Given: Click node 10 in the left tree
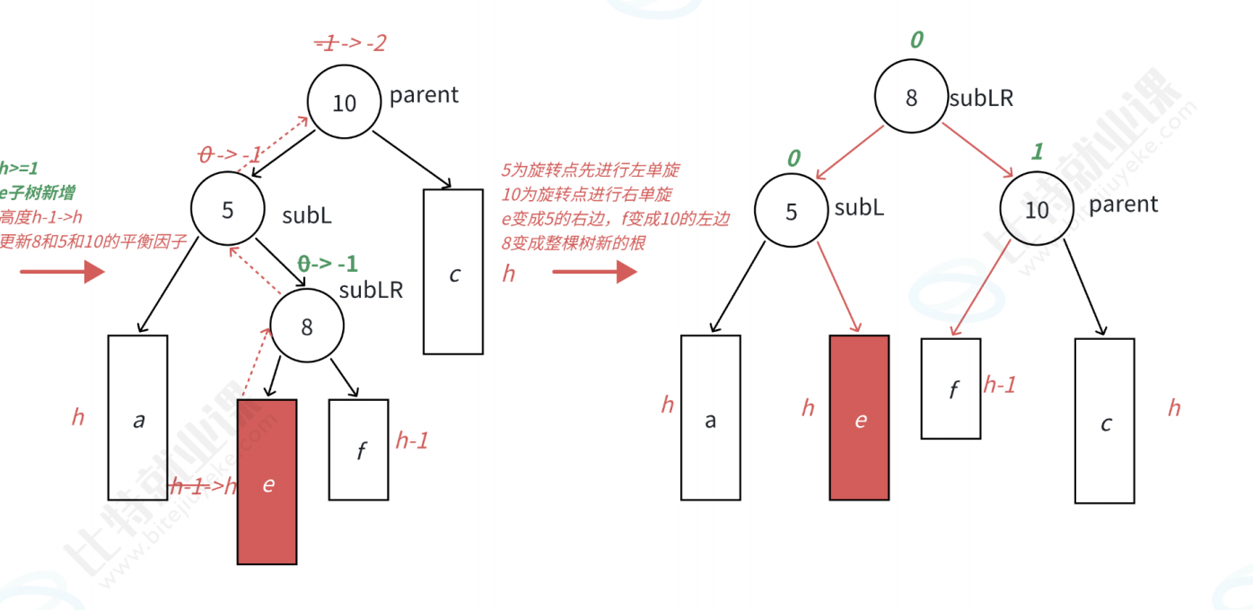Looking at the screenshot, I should (x=344, y=103).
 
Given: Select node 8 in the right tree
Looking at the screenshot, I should (x=912, y=97).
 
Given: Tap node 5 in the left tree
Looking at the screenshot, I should (x=228, y=210).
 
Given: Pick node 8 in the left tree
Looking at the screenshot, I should (x=307, y=327).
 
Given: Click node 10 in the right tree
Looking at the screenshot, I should (x=1037, y=210).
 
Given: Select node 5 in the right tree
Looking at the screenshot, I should (x=791, y=211).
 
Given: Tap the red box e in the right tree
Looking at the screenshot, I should (x=860, y=417).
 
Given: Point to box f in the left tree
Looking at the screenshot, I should (x=359, y=449).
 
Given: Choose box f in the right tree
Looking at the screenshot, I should (x=951, y=388).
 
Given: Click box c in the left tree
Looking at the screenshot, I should (x=453, y=272).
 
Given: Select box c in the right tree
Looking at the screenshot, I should (x=1105, y=421).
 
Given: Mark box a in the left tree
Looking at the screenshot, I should (x=138, y=417).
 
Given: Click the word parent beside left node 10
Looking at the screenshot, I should (x=424, y=95).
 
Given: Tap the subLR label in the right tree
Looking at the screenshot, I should (x=981, y=99).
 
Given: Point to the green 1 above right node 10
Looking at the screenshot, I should (x=1038, y=152).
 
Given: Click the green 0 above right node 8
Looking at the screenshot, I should (x=916, y=40).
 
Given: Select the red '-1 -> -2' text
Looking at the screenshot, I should (x=350, y=42).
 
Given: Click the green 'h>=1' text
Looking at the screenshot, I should (x=19, y=167).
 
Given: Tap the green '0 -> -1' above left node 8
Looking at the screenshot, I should (x=328, y=264).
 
